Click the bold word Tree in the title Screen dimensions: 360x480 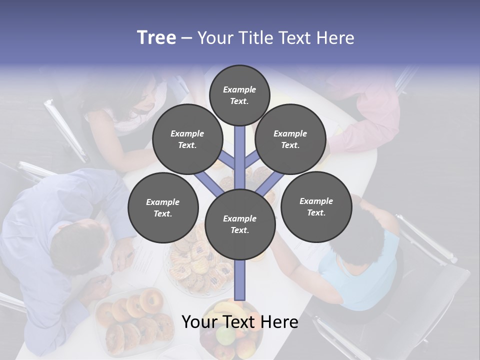[156, 38]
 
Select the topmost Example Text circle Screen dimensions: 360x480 [239, 95]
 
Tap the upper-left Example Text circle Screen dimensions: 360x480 [187, 139]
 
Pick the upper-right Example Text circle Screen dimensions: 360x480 [290, 139]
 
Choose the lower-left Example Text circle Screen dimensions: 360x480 [163, 208]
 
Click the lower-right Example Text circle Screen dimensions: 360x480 [316, 206]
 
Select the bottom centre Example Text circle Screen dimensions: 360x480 [240, 224]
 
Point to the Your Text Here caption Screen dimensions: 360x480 [239, 322]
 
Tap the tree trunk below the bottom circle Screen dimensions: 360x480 [240, 280]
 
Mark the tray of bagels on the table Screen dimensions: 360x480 [132, 320]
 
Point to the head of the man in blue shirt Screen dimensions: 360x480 [80, 245]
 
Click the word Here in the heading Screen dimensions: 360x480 [336, 38]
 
